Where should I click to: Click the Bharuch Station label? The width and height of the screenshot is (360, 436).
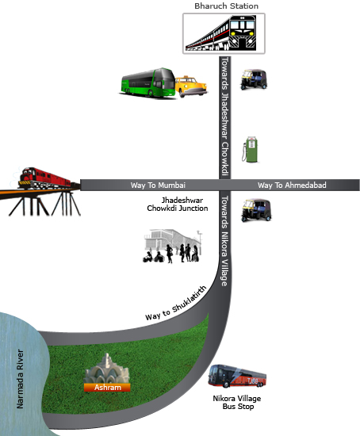click(226, 6)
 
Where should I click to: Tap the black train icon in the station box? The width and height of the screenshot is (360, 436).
click(221, 33)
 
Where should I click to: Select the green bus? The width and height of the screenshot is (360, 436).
click(148, 82)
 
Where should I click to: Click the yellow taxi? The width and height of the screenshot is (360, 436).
click(191, 86)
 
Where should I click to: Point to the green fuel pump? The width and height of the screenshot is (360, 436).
click(250, 149)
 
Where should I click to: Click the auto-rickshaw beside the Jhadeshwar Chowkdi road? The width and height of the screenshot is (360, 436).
click(254, 79)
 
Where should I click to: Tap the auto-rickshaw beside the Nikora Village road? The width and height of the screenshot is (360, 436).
click(256, 210)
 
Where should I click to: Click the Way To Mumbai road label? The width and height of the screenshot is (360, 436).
click(158, 185)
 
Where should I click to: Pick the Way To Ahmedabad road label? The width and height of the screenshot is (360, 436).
click(292, 185)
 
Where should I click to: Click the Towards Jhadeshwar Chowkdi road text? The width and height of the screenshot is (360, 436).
click(224, 117)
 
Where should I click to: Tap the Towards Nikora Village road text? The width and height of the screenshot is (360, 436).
click(224, 241)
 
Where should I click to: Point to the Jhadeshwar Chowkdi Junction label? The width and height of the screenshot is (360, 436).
click(178, 204)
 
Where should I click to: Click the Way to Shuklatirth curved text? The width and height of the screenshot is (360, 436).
click(176, 303)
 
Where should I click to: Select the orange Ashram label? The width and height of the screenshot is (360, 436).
click(107, 388)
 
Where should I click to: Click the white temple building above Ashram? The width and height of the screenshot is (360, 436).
click(107, 369)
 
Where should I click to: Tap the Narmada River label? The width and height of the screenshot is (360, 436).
click(20, 379)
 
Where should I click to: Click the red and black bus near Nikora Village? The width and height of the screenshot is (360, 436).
click(237, 377)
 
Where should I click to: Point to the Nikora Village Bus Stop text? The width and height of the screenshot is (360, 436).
click(237, 403)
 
